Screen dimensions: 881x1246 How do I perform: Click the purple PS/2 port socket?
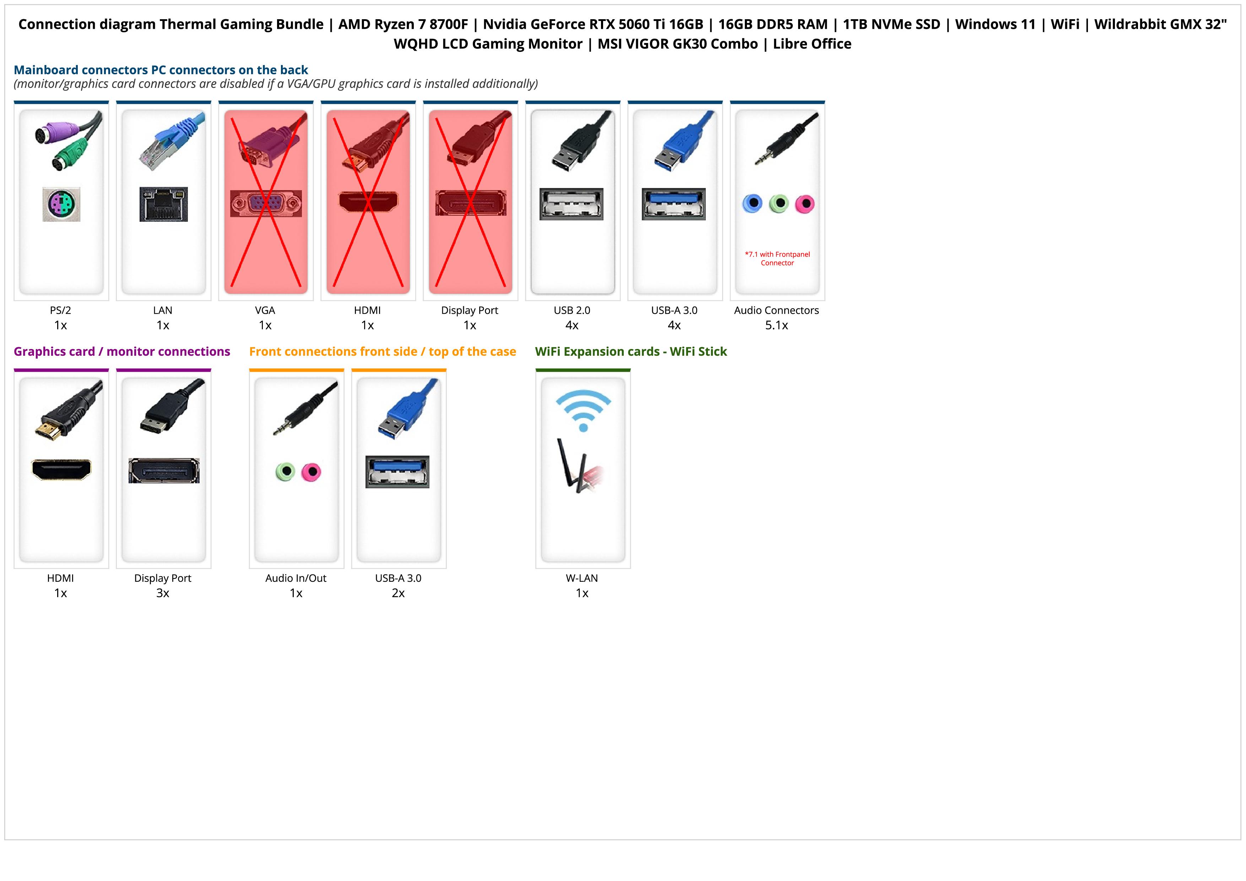coord(61,204)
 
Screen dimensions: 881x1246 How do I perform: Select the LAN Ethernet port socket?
coord(163,204)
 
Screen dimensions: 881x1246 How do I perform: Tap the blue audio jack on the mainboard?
coord(752,204)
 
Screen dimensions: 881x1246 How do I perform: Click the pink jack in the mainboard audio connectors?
coord(805,204)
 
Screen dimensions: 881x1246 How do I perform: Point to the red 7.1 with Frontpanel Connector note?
coord(777,258)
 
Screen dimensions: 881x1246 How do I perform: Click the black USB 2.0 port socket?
coord(571,204)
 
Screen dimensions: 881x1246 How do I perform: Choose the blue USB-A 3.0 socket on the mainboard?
coord(673,204)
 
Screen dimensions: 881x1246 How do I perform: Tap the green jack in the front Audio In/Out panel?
coord(285,472)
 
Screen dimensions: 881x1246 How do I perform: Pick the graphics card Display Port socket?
coord(163,471)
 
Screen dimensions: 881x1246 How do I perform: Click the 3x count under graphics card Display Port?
coord(163,593)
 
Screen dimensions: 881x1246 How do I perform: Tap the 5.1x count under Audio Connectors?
coord(776,326)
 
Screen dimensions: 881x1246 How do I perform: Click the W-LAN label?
coord(582,578)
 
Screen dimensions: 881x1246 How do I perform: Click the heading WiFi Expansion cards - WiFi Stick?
coord(630,352)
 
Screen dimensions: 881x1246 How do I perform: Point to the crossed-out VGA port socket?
coord(265,204)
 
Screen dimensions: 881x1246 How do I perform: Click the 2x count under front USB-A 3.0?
coord(398,593)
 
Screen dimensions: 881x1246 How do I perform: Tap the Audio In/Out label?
coord(296,578)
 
